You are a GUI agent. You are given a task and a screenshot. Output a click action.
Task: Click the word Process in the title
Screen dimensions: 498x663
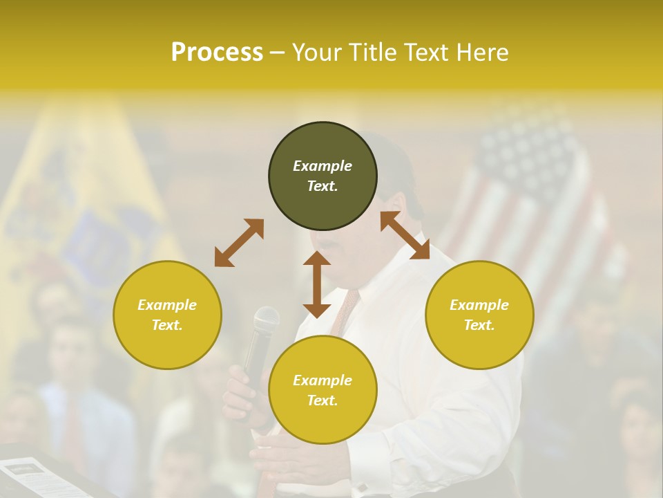pos(217,53)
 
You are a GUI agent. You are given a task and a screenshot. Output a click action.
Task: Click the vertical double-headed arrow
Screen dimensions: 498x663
pos(317,284)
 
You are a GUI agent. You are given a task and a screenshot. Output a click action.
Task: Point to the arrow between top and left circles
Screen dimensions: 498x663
pos(239,243)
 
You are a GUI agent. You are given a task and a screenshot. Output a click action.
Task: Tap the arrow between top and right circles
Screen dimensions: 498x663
pos(405,235)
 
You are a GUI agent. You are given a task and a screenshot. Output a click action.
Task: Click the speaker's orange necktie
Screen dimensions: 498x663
pos(345,311)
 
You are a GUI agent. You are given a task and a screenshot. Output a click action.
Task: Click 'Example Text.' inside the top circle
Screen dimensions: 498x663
pos(323,176)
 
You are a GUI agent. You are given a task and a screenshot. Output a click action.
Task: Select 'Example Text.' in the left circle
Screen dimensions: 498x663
pos(167,315)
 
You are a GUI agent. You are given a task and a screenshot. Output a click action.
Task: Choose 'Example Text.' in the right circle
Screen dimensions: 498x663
pos(479,315)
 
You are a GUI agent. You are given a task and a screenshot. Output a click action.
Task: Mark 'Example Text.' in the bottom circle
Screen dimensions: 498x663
pos(323,390)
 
